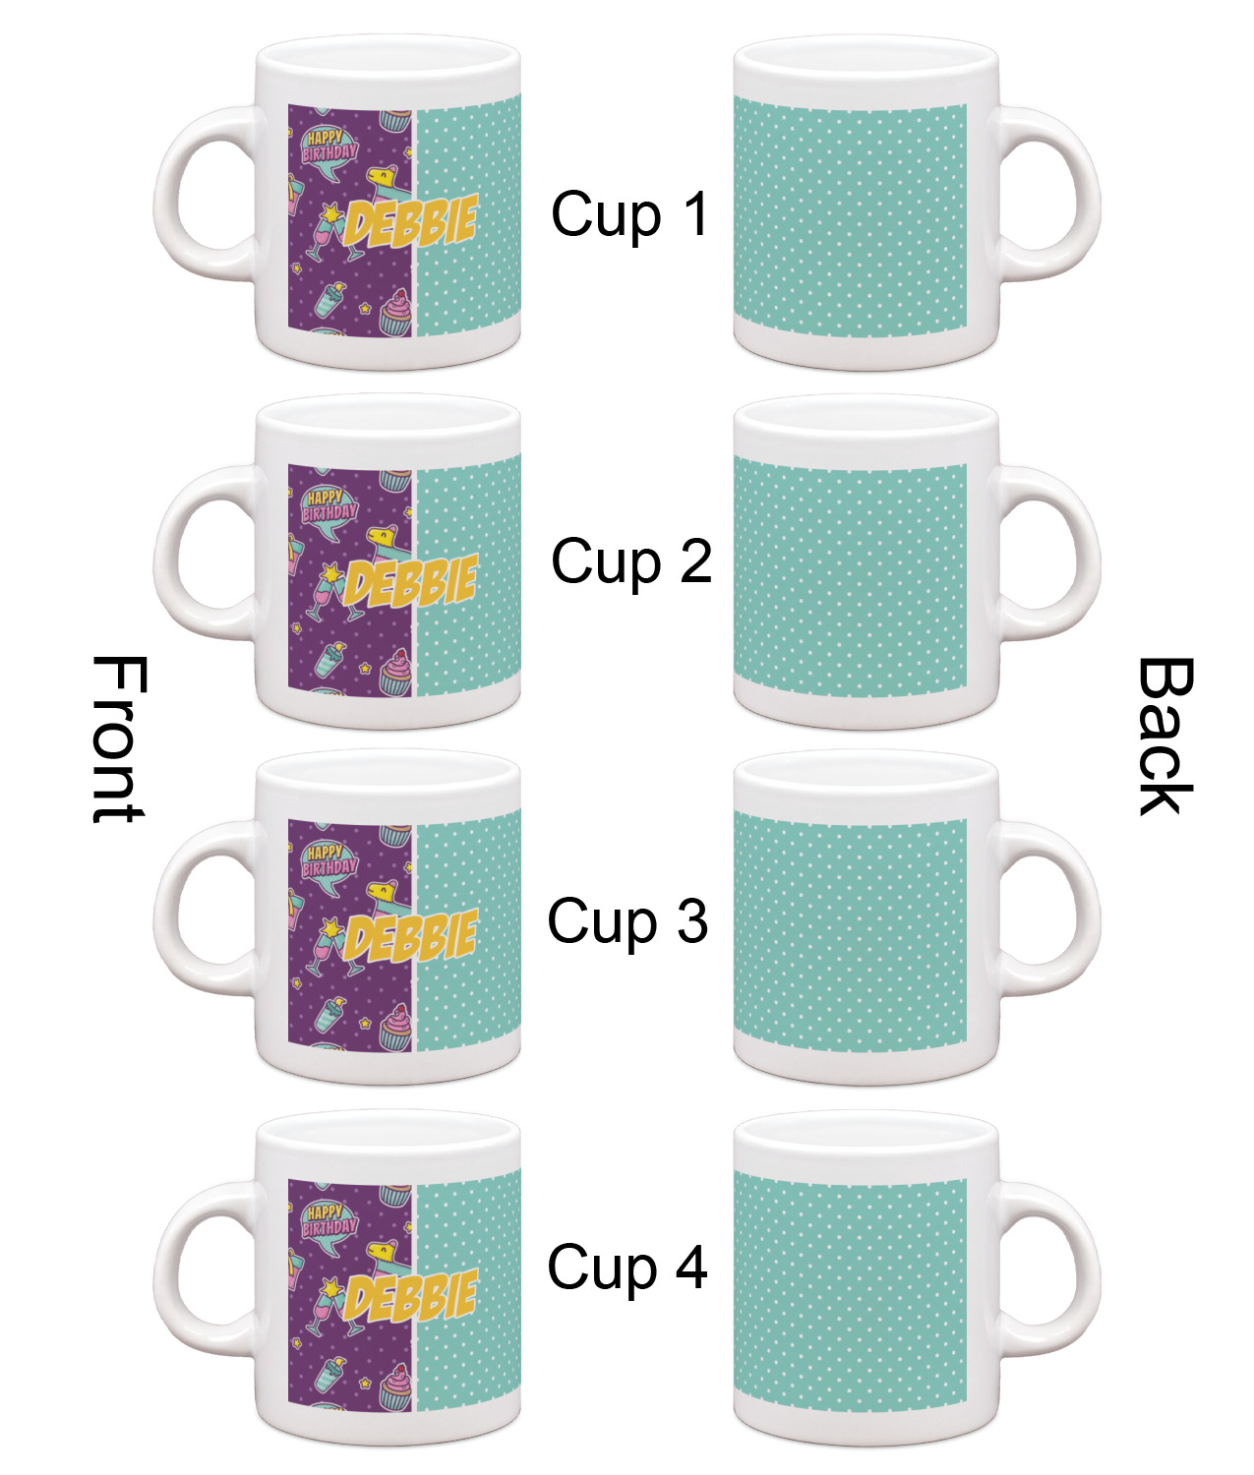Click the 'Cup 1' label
pyautogui.click(x=630, y=214)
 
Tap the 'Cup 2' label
pyautogui.click(x=631, y=561)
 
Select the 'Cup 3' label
pyautogui.click(x=627, y=921)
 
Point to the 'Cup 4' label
pyautogui.click(x=627, y=1268)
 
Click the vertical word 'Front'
pyautogui.click(x=119, y=738)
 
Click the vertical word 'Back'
pyautogui.click(x=1165, y=736)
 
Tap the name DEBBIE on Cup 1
pyautogui.click(x=410, y=222)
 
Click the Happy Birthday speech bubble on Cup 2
pyautogui.click(x=329, y=508)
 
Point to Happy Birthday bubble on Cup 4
pyautogui.click(x=329, y=1224)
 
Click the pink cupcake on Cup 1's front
pyautogui.click(x=396, y=313)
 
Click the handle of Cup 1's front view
pyautogui.click(x=205, y=193)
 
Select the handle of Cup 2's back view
pyautogui.click(x=1047, y=553)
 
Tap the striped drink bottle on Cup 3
pyautogui.click(x=329, y=1013)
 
